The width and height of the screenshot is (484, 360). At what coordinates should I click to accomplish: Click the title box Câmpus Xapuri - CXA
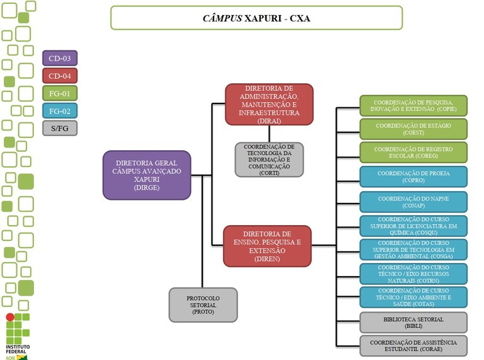pyautogui.click(x=256, y=18)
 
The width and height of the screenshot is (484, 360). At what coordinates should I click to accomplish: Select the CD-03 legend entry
pyautogui.click(x=59, y=59)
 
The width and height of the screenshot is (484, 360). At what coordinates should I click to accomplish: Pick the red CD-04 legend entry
pyautogui.click(x=59, y=76)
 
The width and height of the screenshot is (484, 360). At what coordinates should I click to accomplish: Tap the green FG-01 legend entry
pyautogui.click(x=59, y=93)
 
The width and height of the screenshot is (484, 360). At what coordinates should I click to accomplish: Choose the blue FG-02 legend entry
pyautogui.click(x=59, y=111)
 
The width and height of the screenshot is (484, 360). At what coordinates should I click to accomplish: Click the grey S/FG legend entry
pyautogui.click(x=59, y=128)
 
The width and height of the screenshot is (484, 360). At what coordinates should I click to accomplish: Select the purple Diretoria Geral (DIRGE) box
pyautogui.click(x=146, y=175)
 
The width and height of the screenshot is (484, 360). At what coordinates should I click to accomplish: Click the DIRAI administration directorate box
pyautogui.click(x=269, y=104)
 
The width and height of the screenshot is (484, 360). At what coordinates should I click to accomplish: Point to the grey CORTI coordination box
pyautogui.click(x=269, y=160)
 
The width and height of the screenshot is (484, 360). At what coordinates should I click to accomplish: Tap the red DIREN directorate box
pyautogui.click(x=267, y=246)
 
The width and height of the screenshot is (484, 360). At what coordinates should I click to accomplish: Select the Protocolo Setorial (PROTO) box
pyautogui.click(x=203, y=305)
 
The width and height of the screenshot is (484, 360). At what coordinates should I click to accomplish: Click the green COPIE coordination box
pyautogui.click(x=413, y=106)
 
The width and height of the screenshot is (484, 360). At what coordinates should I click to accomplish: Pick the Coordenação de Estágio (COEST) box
pyautogui.click(x=413, y=129)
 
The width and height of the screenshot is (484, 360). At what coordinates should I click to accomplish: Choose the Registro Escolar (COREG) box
pyautogui.click(x=413, y=152)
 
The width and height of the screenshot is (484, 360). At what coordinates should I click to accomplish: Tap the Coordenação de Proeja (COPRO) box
pyautogui.click(x=413, y=176)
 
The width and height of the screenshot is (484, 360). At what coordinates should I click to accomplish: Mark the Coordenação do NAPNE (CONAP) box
pyautogui.click(x=413, y=202)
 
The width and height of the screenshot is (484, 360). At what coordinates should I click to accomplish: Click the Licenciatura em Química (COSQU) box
pyautogui.click(x=413, y=225)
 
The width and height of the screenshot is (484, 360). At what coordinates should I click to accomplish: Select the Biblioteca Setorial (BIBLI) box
pyautogui.click(x=413, y=322)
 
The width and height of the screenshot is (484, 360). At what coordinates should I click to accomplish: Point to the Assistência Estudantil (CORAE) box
pyautogui.click(x=413, y=345)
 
